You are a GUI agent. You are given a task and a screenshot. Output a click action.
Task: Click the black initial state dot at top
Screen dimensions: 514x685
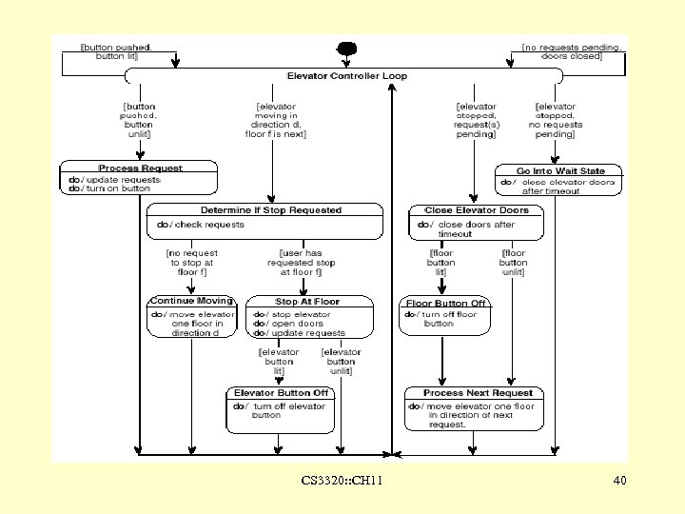(346, 49)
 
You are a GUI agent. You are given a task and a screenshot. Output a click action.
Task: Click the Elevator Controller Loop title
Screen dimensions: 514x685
(346, 75)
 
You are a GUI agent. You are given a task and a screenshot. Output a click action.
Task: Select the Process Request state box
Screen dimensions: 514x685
(140, 178)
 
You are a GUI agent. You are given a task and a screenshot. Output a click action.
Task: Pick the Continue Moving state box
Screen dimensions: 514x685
(190, 316)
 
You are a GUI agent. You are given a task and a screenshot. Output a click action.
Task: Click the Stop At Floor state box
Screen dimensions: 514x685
(308, 316)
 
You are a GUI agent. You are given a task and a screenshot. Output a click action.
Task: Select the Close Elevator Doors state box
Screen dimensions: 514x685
(478, 222)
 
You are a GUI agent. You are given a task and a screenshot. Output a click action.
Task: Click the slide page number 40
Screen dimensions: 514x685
(619, 482)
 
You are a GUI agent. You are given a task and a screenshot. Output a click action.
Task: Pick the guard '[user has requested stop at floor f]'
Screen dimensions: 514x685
(301, 263)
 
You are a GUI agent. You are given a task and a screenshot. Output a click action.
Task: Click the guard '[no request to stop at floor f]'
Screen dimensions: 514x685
(191, 263)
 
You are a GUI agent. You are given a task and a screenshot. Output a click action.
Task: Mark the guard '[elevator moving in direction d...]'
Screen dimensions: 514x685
(276, 120)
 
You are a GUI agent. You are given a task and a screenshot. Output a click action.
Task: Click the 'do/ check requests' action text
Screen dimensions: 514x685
(201, 225)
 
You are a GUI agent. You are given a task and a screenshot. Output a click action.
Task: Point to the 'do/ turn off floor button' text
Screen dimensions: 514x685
(444, 318)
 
